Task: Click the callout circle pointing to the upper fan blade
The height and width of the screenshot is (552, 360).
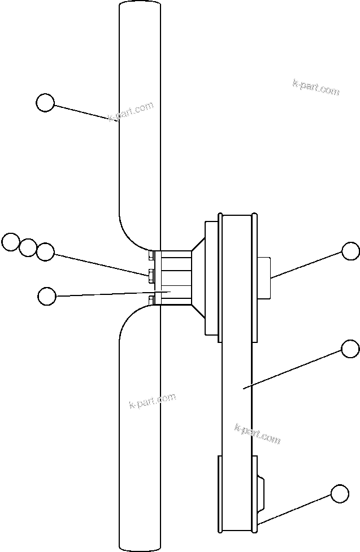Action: click(x=45, y=103)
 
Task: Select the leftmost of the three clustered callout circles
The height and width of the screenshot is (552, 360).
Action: click(x=10, y=242)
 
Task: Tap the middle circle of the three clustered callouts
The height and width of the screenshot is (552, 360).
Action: click(x=28, y=247)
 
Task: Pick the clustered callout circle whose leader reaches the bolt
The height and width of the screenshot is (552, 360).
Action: click(x=45, y=251)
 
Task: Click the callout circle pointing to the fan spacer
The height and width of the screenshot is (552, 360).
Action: click(x=46, y=295)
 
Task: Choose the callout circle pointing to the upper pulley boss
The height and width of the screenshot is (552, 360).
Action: click(x=350, y=251)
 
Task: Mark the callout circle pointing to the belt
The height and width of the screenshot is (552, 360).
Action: click(x=350, y=349)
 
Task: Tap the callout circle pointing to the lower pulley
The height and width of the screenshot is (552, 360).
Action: click(x=340, y=493)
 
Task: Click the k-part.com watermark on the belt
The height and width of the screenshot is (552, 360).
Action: click(x=257, y=433)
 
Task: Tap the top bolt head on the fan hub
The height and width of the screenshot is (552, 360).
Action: click(x=151, y=255)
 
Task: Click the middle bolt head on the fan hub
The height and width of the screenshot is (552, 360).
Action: click(x=151, y=276)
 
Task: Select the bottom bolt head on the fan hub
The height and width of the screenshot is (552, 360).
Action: click(x=151, y=298)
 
